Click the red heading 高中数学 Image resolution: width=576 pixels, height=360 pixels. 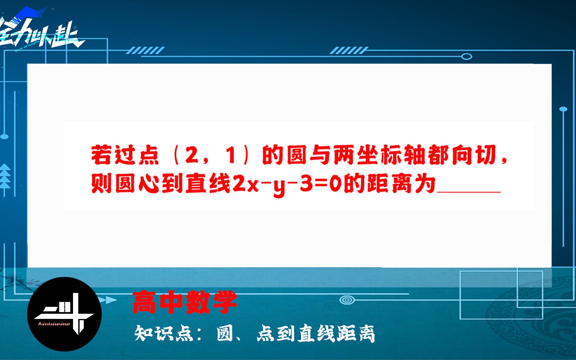point(184,302)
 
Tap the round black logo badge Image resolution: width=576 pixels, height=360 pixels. point(64,314)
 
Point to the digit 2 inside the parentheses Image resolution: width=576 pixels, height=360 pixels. point(191,155)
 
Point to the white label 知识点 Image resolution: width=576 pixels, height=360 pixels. point(164,333)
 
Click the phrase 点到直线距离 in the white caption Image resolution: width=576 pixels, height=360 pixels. point(316,333)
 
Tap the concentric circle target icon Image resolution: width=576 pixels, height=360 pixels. point(347,300)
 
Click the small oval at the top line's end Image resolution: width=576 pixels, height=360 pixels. point(466,56)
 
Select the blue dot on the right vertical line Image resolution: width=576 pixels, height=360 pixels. point(563,109)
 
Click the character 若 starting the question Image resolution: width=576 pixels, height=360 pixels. point(101,155)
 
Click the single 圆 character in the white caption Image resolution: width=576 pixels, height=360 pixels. point(225,333)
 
